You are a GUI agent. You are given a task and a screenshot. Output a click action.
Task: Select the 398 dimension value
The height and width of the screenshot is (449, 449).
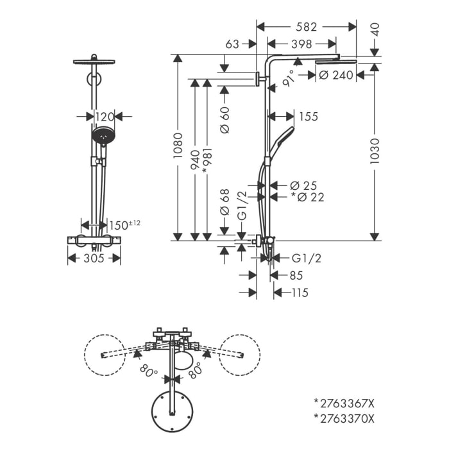pyautogui.click(x=301, y=44)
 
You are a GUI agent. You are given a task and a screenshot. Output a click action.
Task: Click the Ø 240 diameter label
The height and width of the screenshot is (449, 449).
pyautogui.click(x=336, y=75)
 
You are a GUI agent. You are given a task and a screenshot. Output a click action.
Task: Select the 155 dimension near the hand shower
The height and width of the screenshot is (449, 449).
pyautogui.click(x=308, y=116)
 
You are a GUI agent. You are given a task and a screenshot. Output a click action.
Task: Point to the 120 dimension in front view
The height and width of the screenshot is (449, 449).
pyautogui.click(x=104, y=116)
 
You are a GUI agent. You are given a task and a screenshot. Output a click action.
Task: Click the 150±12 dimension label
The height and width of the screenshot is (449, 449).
pyautogui.click(x=124, y=224)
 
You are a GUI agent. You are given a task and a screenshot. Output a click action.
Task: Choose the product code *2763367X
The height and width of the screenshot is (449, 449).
pyautogui.click(x=343, y=403)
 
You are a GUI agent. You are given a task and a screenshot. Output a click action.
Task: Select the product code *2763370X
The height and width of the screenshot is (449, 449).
pyautogui.click(x=343, y=419)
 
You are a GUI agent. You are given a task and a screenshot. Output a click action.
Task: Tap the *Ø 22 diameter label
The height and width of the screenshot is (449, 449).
pyautogui.click(x=307, y=198)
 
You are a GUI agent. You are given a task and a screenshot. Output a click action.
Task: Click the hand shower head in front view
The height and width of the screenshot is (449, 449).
pyautogui.click(x=103, y=136)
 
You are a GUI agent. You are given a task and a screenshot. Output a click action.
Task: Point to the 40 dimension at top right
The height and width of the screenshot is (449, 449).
pyautogui.click(x=375, y=30)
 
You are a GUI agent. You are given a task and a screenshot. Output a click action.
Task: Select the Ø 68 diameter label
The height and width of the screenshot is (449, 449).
pyautogui.click(x=224, y=203)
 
